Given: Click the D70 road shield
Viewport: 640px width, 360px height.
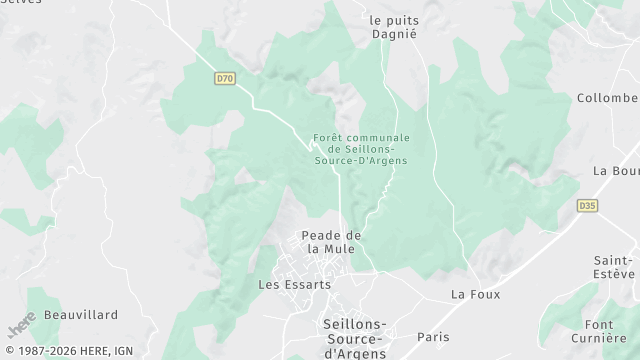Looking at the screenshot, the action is point(224,77).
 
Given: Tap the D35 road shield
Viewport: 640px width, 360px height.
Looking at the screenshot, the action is point(588,206).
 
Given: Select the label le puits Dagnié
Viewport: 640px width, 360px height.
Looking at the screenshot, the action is point(392,26).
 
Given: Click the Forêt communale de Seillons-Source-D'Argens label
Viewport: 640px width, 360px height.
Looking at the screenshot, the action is point(360,149).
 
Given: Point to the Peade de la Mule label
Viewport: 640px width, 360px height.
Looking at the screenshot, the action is point(330,241).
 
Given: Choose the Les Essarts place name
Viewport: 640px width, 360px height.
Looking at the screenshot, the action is point(294,284).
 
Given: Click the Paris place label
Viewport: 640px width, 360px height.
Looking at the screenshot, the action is point(433,337).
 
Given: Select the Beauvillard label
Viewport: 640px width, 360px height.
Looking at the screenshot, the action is point(80,314).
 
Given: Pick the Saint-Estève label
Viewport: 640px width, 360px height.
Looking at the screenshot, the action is point(613,266).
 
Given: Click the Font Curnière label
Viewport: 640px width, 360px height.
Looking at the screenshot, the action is point(613,331).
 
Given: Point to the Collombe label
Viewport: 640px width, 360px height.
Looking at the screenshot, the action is point(607,98).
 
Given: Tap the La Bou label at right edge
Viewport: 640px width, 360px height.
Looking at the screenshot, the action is point(615,170).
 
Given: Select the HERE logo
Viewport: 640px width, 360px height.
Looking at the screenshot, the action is point(22,325).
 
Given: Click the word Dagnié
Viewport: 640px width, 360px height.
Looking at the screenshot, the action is point(392,33).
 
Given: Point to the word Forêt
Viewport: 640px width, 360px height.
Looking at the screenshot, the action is point(328,137).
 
